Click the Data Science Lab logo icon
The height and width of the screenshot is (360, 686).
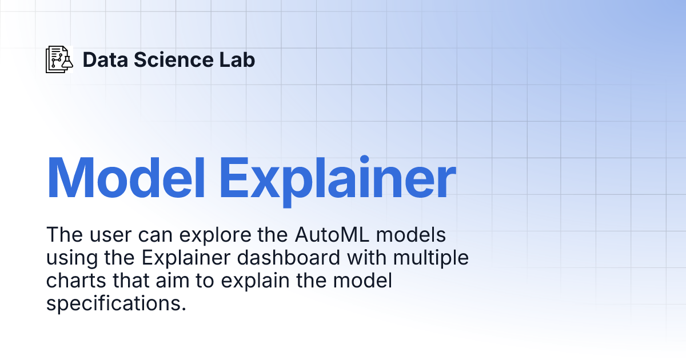coord(59,59)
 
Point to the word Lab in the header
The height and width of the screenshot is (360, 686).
coord(239,59)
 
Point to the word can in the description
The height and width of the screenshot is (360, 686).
coord(149,235)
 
